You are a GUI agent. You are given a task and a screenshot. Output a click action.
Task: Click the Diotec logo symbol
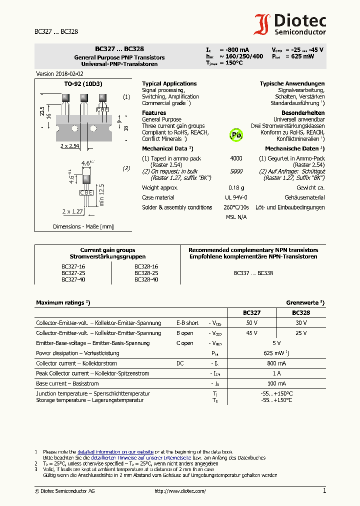point(262,24)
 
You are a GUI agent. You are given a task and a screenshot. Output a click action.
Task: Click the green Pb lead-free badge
point(236,134)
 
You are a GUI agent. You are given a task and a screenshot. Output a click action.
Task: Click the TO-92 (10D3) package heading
point(82,84)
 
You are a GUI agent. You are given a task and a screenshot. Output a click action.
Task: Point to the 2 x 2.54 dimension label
point(70,146)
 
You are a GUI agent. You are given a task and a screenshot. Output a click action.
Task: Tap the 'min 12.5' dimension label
point(101,194)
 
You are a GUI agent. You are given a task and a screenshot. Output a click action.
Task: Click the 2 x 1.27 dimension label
point(72,211)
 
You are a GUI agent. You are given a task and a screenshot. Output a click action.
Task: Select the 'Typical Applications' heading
point(169,83)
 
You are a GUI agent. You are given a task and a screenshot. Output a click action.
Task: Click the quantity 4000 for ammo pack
point(236,158)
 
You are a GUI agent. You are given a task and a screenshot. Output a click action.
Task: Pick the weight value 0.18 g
point(236,187)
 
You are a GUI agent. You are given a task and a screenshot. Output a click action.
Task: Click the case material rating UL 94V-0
point(236,197)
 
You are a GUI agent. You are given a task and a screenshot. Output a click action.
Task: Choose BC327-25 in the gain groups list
point(73,273)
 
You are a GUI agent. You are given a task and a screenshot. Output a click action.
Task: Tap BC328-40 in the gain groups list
point(146,279)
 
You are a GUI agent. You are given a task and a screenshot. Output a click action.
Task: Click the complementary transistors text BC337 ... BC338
point(253,273)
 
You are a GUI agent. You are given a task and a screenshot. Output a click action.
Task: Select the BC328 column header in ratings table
point(300,312)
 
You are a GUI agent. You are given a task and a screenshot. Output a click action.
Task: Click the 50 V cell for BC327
point(251,323)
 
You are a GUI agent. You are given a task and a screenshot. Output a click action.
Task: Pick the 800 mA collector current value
point(276,363)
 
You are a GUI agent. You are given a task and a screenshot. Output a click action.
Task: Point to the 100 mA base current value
point(276,383)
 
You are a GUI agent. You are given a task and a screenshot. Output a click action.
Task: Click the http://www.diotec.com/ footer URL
point(180,491)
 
